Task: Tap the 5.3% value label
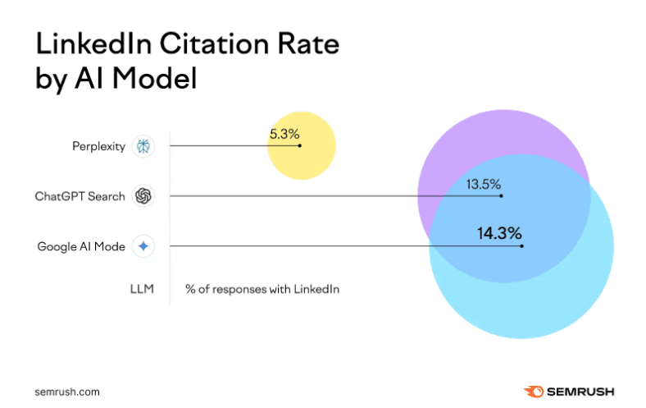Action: pos(284,132)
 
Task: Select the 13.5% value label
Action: pos(484,183)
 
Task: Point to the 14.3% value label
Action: pos(499,233)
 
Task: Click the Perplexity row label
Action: pos(98,147)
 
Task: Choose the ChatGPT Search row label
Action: pos(80,196)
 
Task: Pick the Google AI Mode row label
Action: pos(81,246)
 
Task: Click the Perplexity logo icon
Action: pos(143,147)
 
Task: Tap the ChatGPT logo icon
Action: pos(143,196)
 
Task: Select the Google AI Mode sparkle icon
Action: pos(143,246)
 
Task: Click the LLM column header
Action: pos(141,289)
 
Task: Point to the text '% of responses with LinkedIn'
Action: pos(262,289)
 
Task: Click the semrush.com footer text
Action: pos(67,392)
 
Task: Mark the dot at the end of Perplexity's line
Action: pos(300,146)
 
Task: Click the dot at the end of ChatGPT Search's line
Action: pos(501,196)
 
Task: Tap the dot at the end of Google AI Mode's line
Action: pos(521,245)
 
